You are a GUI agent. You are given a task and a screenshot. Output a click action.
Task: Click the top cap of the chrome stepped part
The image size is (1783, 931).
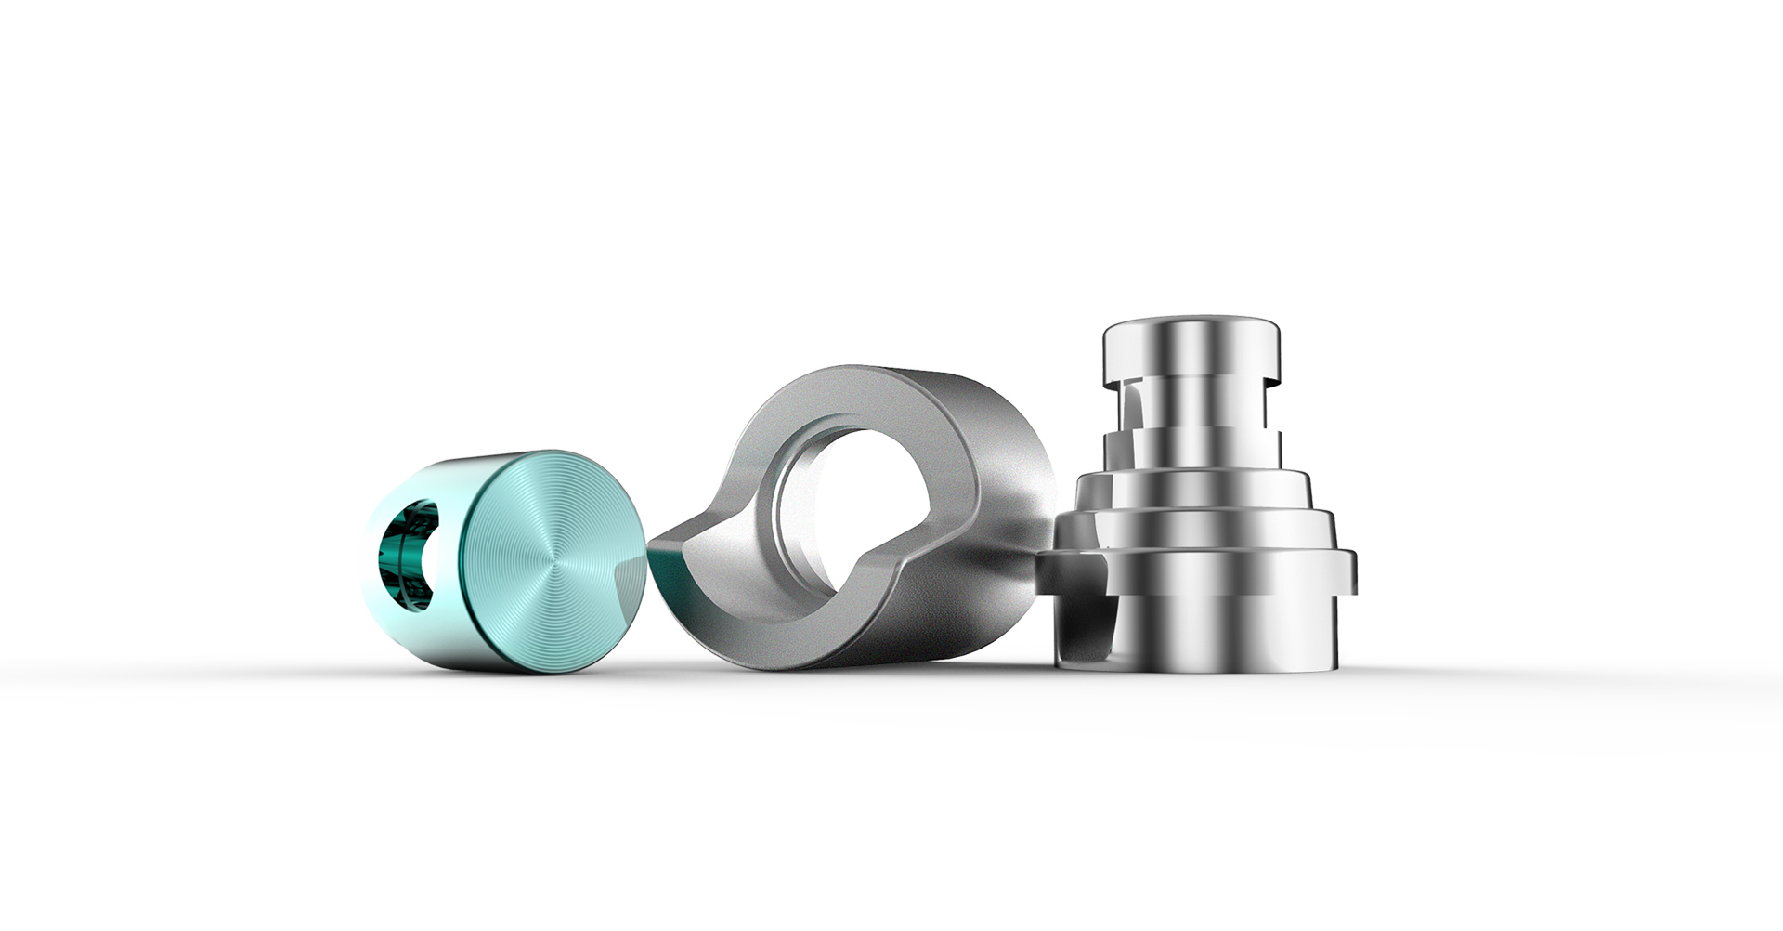1192,348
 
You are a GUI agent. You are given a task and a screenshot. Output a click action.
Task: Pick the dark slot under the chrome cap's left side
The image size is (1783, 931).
1129,409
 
